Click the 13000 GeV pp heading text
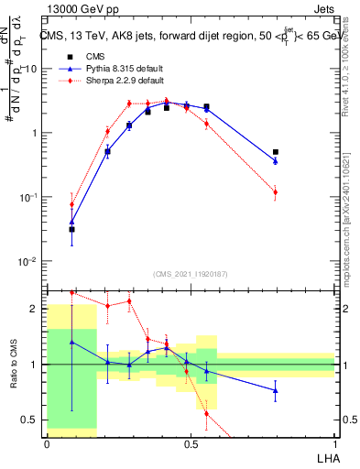click(78, 9)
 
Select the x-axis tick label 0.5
click(191, 443)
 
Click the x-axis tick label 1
click(334, 443)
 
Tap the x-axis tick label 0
click(47, 443)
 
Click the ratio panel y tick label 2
click(34, 309)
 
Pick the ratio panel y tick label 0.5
click(30, 420)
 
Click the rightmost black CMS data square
click(276, 152)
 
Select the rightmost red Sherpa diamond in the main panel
click(276, 191)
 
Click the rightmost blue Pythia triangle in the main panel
click(276, 161)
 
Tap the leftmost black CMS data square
click(71, 229)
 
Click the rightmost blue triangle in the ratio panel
click(276, 390)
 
